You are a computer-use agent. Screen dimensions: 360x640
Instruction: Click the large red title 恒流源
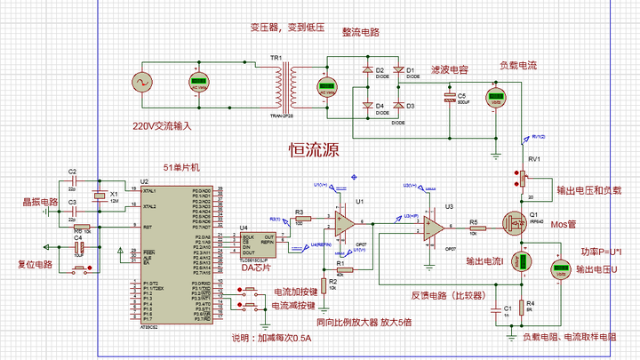tap(315, 150)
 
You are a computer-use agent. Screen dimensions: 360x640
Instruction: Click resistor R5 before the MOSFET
tap(474, 229)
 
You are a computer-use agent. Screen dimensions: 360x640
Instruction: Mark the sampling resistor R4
tap(521, 307)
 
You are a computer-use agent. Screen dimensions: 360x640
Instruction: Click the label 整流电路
tap(361, 32)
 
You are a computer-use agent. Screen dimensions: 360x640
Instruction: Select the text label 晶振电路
tap(40, 203)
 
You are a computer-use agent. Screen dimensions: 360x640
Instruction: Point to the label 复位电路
tap(36, 265)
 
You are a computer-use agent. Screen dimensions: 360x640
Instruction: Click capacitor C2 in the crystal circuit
tap(73, 181)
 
